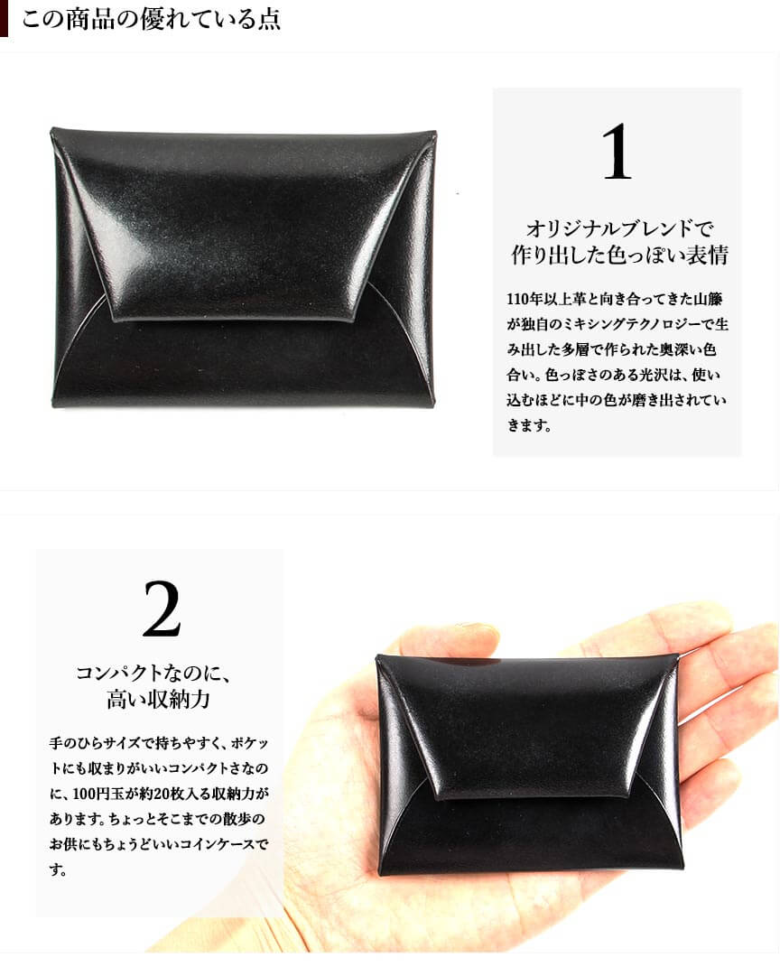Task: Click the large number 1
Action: point(617,152)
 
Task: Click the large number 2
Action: point(162,609)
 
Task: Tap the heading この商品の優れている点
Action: point(152,19)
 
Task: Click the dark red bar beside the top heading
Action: point(4,18)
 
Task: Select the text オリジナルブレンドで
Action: point(618,228)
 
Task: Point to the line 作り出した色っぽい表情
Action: point(619,255)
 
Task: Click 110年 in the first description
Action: point(526,300)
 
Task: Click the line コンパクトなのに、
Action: point(153,674)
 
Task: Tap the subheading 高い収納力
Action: point(158,699)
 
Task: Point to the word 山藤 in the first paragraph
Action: point(708,300)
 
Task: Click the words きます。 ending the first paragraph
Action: point(529,426)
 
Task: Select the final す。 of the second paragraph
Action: point(59,869)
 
